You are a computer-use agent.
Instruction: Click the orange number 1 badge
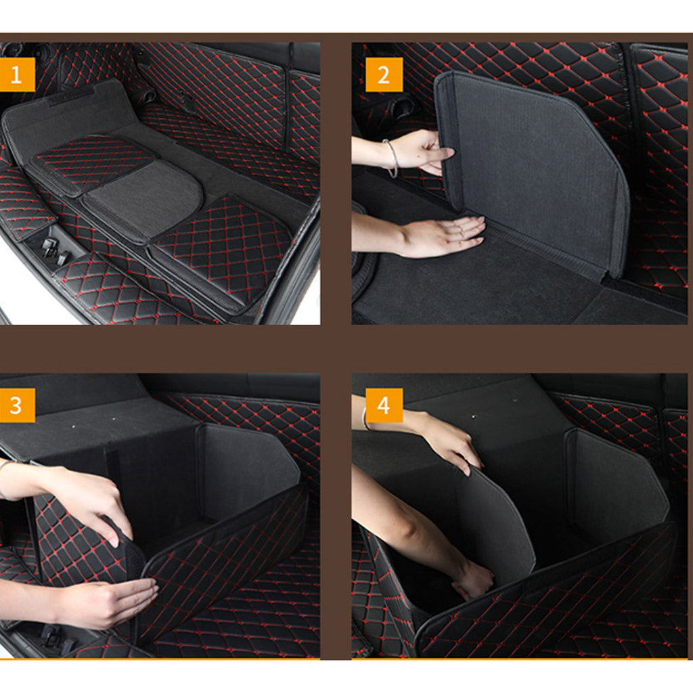pos(16,74)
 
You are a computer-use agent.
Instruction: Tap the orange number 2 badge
pos(384,74)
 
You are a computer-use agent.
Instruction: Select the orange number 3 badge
pos(16,405)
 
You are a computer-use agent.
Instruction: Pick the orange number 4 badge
pos(384,405)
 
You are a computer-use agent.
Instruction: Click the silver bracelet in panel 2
pos(392,158)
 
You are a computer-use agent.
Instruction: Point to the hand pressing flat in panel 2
pos(443,236)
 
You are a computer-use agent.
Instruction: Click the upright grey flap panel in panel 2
pos(535,169)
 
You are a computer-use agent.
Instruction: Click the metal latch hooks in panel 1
pos(55,252)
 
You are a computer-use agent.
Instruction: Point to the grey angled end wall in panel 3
pos(247,474)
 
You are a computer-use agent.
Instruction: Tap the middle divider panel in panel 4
pos(494,521)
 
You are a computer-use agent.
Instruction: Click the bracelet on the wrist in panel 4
pos(365,418)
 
